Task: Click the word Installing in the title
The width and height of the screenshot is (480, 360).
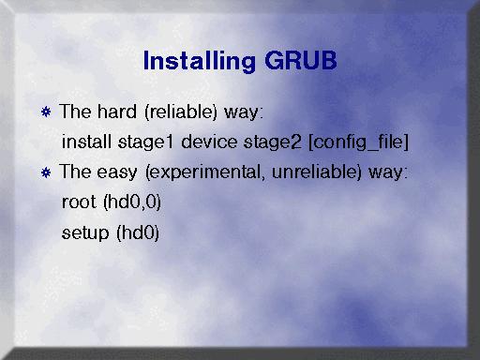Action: (x=199, y=61)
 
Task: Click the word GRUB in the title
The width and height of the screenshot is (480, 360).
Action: (x=301, y=60)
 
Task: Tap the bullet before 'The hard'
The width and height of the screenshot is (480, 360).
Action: (x=46, y=112)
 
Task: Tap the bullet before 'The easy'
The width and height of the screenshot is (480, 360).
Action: (x=46, y=172)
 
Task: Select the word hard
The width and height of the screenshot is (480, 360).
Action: (x=117, y=112)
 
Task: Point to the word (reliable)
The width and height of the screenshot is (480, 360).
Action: (x=181, y=112)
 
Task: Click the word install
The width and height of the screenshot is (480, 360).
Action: (x=86, y=142)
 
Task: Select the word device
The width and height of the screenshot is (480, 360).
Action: (x=209, y=142)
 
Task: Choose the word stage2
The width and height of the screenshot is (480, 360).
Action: (x=273, y=142)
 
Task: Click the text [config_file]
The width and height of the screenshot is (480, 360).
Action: (x=358, y=142)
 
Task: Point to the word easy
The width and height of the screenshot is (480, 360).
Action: (x=117, y=172)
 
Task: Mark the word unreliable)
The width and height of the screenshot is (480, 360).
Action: (x=317, y=172)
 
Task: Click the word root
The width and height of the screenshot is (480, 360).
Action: (x=79, y=202)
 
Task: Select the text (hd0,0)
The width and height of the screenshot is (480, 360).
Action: (x=132, y=202)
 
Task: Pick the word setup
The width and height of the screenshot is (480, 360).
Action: (x=85, y=233)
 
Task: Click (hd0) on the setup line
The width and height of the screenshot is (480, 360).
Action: (x=138, y=232)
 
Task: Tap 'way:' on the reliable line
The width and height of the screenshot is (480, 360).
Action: (x=244, y=112)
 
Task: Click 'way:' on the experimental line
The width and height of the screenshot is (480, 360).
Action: (x=388, y=172)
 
